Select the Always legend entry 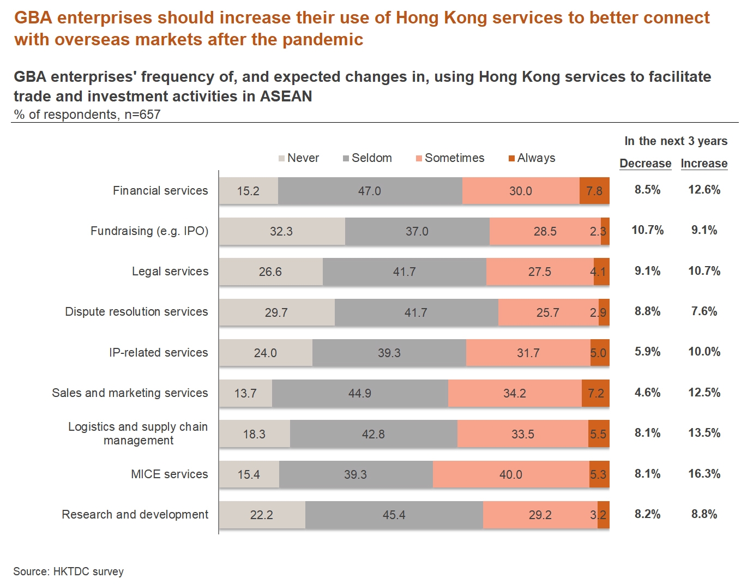[x=532, y=158]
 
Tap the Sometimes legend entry [x=450, y=158]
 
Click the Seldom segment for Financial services [x=370, y=191]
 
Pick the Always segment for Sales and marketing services [x=595, y=393]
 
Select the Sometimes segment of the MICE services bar [x=511, y=474]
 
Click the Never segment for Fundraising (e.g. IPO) [x=281, y=231]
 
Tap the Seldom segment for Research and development [x=394, y=515]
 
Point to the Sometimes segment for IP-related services [x=528, y=353]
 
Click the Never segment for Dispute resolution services [x=276, y=312]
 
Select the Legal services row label [x=170, y=272]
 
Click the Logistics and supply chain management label [x=138, y=434]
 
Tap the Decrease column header [x=645, y=164]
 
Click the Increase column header [x=704, y=164]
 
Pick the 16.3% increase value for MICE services [x=704, y=474]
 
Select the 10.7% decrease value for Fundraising [x=647, y=230]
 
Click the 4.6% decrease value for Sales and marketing [x=647, y=393]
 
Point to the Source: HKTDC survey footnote [x=69, y=571]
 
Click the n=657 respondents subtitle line [x=87, y=115]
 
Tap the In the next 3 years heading [x=676, y=141]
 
